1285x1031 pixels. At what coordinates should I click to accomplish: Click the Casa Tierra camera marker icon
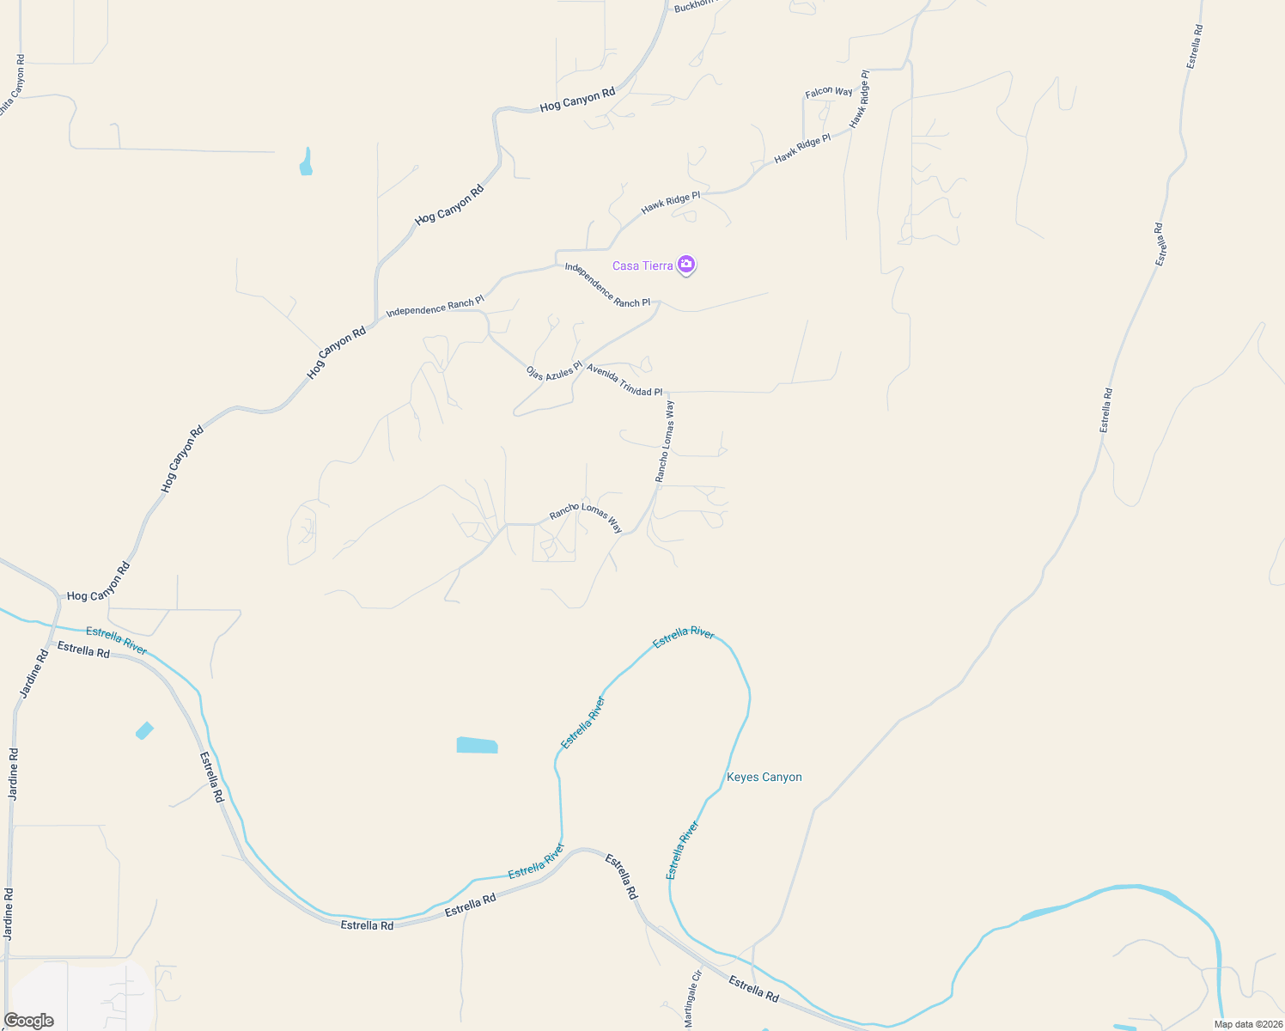[x=685, y=264]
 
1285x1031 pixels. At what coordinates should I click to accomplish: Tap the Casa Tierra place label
[x=642, y=265]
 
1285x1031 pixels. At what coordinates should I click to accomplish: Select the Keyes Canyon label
[x=764, y=778]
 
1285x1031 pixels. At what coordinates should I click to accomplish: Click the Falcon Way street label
[x=829, y=92]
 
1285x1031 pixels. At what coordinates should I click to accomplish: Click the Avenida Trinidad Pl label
[x=624, y=381]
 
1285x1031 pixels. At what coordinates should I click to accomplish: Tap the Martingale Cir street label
[x=693, y=999]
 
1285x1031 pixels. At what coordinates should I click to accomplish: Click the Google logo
[x=28, y=1021]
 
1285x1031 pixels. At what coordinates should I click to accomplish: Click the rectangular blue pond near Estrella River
[x=477, y=745]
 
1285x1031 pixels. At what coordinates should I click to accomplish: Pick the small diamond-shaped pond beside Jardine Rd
[x=144, y=730]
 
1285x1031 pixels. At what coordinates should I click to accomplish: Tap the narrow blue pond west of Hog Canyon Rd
[x=306, y=162]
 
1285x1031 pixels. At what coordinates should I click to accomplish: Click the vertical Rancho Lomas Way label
[x=665, y=442]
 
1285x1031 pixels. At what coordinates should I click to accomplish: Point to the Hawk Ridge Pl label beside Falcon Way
[x=859, y=100]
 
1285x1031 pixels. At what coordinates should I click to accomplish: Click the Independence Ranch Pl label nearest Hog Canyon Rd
[x=435, y=306]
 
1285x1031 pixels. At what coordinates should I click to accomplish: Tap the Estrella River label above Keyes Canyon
[x=684, y=637]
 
